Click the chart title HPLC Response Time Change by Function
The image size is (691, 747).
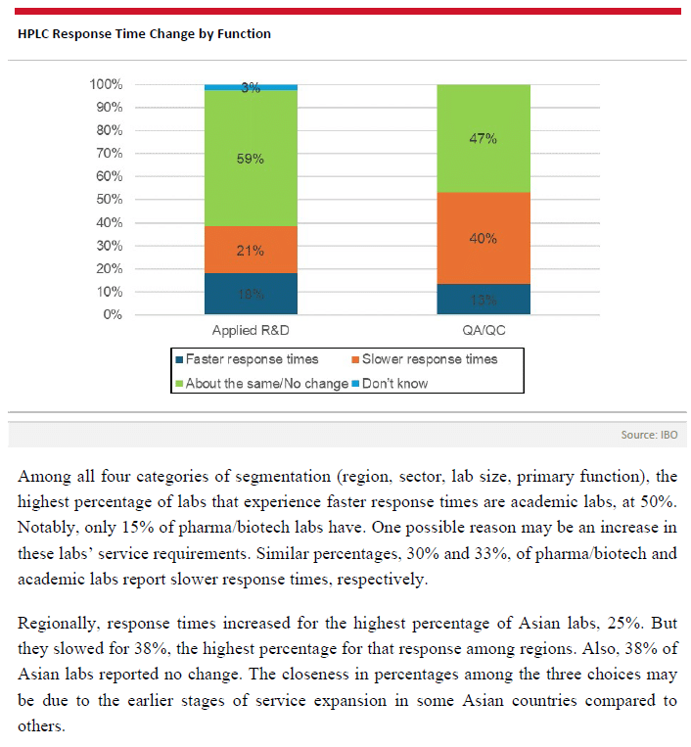[x=144, y=33]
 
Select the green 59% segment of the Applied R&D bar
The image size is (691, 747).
[x=251, y=158]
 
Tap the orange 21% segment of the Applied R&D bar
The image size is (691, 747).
[x=251, y=250]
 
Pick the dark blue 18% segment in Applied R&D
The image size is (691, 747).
[x=251, y=294]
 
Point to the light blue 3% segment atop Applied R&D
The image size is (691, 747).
[x=251, y=87]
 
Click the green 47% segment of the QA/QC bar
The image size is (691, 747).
[x=484, y=138]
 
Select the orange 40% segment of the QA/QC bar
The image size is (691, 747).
[x=484, y=238]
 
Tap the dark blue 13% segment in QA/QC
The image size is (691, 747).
[x=484, y=300]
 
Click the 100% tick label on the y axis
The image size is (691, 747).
[x=106, y=84]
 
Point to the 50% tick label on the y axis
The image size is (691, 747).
[x=109, y=200]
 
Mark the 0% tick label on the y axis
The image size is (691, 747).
[x=113, y=315]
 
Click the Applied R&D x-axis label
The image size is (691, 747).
[x=251, y=331]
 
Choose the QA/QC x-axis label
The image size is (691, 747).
[x=484, y=331]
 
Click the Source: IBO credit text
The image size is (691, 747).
[x=648, y=434]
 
